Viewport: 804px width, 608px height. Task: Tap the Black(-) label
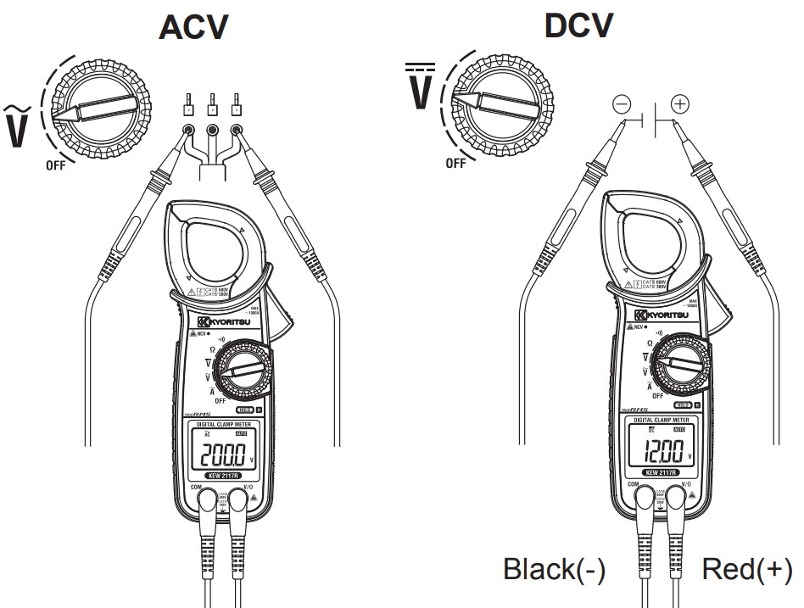click(555, 569)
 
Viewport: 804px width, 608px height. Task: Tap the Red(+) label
click(747, 569)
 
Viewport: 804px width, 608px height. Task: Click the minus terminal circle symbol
click(622, 104)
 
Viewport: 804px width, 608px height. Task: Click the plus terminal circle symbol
click(679, 104)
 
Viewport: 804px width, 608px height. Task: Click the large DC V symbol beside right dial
click(421, 86)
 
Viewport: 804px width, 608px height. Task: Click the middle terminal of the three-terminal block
click(212, 130)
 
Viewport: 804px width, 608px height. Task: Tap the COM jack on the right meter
click(645, 499)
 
